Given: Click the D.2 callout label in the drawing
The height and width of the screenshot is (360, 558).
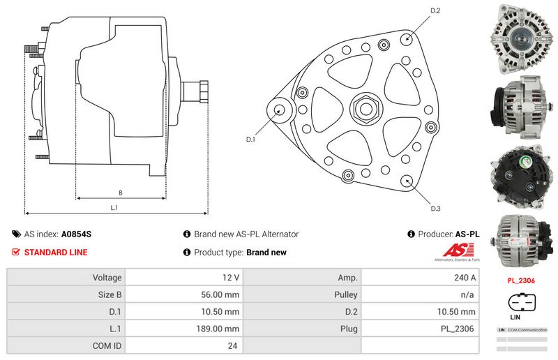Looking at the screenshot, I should (435, 10).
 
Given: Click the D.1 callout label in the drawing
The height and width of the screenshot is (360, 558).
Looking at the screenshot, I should (251, 140).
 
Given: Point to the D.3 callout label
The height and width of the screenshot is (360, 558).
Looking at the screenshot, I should (435, 209).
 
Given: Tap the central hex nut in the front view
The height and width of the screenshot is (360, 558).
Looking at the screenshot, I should (365, 110).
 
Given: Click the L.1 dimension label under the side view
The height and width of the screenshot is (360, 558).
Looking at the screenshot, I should (114, 207).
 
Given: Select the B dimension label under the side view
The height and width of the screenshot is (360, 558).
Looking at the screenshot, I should (120, 193).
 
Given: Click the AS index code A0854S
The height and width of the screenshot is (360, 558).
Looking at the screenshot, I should (77, 234).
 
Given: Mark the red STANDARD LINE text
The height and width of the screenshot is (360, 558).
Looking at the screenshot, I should (56, 253).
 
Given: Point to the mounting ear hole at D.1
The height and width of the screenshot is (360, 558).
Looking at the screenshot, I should (280, 110).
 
